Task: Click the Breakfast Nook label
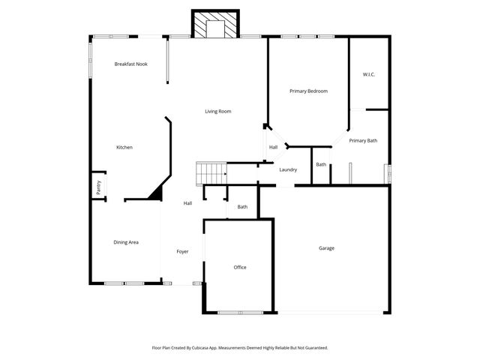pos(130,64)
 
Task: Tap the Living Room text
pos(218,111)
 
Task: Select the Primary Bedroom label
pos(308,91)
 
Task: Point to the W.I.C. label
pos(368,74)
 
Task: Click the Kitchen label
pos(124,147)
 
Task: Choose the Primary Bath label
pos(363,140)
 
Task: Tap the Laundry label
pos(288,169)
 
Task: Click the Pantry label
pos(97,187)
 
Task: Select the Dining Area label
pos(125,241)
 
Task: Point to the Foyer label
pos(182,251)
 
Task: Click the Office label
pos(239,267)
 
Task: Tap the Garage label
pos(326,247)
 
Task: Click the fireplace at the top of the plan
pos(214,25)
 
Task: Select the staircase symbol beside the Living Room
pos(211,173)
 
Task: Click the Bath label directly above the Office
pos(242,206)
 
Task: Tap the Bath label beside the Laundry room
pos(320,164)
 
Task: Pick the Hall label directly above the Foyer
pos(187,202)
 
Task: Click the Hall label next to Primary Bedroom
pos(273,147)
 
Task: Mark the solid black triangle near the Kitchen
pos(155,193)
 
